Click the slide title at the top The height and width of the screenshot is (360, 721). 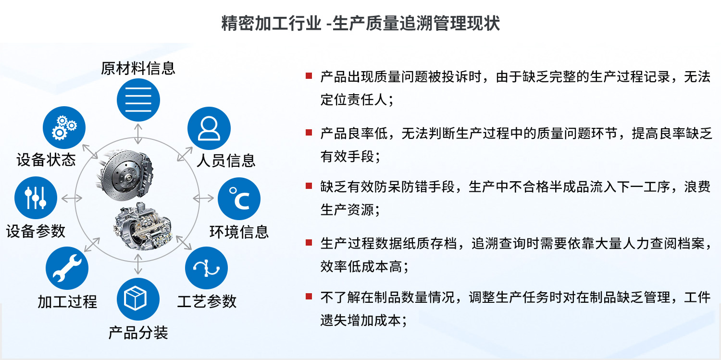pos(360,23)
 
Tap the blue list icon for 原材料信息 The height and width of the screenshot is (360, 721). pos(138,99)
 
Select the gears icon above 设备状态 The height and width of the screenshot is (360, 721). pos(64,128)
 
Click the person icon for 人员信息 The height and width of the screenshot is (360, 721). pos(209,128)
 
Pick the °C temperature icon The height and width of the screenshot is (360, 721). pos(239,199)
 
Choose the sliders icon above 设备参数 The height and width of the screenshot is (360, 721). pos(36,198)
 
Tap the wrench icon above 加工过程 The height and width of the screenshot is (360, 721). pos(67,268)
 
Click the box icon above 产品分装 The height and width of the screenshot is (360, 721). pos(138,299)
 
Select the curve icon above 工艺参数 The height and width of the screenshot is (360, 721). pos(206,268)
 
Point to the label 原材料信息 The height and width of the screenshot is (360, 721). pos(138,68)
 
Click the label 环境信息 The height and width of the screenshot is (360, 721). pos(239,232)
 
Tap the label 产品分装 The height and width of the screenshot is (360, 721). pos(138,333)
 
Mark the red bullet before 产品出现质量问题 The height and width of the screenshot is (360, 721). pos(309,76)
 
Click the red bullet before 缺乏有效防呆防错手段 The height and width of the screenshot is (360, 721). pos(309,186)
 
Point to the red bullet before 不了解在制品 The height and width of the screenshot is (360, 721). pos(309,296)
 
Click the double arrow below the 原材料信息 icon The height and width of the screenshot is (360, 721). pos(138,134)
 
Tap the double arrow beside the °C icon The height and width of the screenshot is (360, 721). pos(203,198)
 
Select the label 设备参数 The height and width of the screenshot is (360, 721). pos(36,231)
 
